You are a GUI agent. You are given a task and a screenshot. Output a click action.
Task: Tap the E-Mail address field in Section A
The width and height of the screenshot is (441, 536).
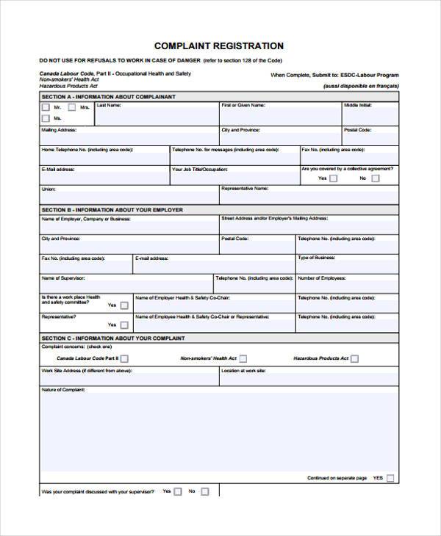(103, 177)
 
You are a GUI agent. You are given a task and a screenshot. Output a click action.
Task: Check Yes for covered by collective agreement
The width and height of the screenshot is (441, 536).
(333, 178)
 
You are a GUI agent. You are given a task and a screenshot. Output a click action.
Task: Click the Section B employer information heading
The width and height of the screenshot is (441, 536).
(112, 210)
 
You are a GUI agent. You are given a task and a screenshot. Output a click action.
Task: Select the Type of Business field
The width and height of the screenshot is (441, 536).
(347, 266)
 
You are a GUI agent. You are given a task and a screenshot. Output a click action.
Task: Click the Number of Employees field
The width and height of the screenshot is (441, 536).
(347, 286)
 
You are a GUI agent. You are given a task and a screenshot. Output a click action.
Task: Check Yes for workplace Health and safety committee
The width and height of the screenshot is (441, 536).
(124, 305)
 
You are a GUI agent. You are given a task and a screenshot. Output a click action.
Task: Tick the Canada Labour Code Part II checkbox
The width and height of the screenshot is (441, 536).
(124, 358)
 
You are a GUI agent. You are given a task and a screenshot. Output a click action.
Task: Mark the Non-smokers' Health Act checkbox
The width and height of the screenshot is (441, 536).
(243, 358)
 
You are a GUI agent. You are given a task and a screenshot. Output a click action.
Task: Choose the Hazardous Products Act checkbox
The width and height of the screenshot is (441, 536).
(354, 358)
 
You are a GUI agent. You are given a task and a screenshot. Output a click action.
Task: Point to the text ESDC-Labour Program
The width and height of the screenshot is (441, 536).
(369, 75)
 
